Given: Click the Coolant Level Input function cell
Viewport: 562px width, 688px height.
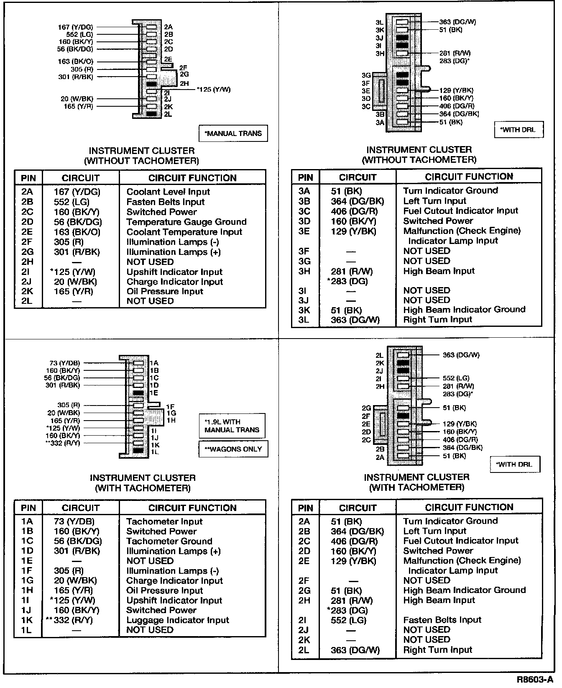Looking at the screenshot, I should [168, 192].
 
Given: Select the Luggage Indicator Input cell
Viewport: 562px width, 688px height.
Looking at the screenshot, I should [178, 620].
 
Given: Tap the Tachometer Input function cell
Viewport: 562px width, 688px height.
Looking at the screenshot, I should [164, 522].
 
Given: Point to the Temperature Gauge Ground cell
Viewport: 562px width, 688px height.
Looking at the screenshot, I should [186, 222].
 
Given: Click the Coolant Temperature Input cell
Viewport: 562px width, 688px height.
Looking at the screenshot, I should [184, 232].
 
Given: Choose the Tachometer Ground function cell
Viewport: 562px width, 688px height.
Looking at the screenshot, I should [169, 542].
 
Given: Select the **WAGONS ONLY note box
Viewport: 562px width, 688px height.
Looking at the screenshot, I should [233, 449].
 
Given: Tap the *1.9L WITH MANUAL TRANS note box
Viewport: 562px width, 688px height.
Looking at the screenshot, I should [232, 426].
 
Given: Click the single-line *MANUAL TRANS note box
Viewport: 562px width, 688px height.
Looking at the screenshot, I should [233, 134].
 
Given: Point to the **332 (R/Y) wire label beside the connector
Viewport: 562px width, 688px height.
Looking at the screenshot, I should [63, 443].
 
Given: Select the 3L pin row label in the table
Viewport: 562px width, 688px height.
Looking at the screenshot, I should [304, 320].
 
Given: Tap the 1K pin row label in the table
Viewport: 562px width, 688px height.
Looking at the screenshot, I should [27, 620].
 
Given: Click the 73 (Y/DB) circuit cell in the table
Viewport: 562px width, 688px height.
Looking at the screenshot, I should [74, 522].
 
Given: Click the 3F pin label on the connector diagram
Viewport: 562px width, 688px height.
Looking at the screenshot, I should [366, 83].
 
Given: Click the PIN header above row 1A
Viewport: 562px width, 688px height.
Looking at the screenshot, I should [28, 508].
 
